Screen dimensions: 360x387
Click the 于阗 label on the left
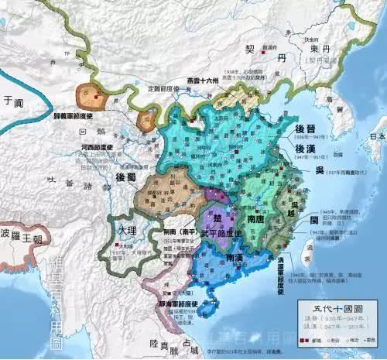click(10, 100)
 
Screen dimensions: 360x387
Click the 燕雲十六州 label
click(204, 79)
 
